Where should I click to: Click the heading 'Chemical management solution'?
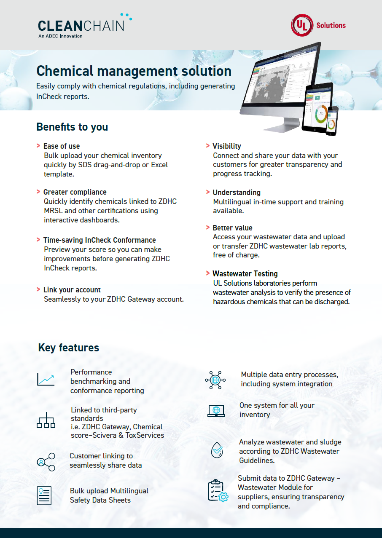(134, 71)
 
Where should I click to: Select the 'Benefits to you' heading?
(72, 127)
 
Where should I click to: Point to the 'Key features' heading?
(69, 348)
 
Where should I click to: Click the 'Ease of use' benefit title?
(62, 146)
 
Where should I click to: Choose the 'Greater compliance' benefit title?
(75, 192)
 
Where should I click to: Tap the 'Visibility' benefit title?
(227, 146)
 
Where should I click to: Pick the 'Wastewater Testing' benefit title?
(245, 273)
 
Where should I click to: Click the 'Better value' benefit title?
(232, 228)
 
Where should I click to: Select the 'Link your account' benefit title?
(72, 290)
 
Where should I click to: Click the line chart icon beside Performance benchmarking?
(46, 380)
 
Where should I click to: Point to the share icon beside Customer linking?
(46, 462)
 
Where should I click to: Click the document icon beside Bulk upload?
(44, 495)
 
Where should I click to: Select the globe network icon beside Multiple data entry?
(215, 380)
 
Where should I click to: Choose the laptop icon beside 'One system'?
(216, 411)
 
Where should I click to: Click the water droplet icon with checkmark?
(217, 450)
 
